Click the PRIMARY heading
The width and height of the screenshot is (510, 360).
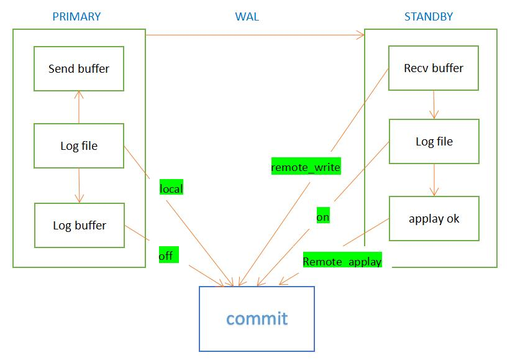click(x=76, y=17)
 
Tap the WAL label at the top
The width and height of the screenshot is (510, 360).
click(x=247, y=17)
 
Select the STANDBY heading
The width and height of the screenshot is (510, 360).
click(x=429, y=17)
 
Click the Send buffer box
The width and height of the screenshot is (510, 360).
click(x=79, y=68)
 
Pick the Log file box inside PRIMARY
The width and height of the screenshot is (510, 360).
click(x=79, y=146)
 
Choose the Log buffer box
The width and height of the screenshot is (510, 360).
click(x=79, y=225)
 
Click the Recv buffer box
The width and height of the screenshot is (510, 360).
click(x=434, y=68)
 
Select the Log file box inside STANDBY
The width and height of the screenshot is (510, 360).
click(x=434, y=142)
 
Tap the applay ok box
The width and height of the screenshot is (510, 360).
click(x=434, y=219)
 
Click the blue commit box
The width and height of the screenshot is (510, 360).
click(x=257, y=318)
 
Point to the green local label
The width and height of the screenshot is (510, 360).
click(x=171, y=188)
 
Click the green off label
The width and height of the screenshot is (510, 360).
click(x=166, y=255)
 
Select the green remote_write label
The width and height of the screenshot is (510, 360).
click(x=306, y=167)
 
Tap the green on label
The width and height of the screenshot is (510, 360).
click(x=323, y=217)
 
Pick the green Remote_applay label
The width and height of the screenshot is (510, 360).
click(x=342, y=261)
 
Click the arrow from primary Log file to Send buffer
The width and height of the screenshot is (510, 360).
click(x=79, y=107)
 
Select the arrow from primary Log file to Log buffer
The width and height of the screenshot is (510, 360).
click(x=79, y=185)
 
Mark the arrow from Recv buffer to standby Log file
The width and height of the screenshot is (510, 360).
click(x=434, y=104)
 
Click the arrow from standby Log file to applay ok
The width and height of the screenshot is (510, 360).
click(x=434, y=180)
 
